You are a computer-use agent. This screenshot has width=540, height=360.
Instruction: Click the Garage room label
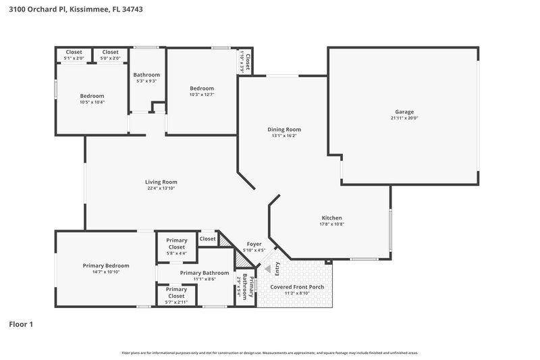point(404,112)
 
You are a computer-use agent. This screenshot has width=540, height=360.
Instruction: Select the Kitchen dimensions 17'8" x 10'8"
point(331,224)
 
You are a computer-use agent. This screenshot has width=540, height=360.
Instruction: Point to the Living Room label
point(161,182)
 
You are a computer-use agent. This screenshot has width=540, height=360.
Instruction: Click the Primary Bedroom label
point(106,265)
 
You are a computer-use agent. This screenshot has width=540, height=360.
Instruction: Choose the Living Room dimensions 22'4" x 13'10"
point(161,188)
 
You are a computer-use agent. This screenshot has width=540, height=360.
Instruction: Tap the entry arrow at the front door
point(267,268)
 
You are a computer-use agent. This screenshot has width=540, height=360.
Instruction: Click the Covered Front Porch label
point(297,287)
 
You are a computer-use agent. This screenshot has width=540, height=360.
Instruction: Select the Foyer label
point(254,244)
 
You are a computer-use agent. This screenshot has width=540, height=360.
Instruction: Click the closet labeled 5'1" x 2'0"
point(74,52)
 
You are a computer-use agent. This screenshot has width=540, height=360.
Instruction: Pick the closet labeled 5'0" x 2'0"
point(110,52)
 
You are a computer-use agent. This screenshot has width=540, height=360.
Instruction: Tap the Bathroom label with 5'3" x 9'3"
point(146,74)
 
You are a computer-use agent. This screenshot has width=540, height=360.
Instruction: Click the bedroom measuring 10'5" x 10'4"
point(92,96)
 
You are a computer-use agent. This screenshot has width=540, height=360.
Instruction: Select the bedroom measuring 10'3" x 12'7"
point(202,88)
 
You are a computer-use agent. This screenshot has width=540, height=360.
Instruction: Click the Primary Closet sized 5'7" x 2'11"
point(176,289)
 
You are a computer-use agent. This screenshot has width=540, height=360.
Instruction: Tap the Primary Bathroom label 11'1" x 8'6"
point(205,273)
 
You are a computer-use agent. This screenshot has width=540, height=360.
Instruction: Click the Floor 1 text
point(21,324)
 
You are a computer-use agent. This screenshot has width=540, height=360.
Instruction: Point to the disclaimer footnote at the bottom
point(269,353)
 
